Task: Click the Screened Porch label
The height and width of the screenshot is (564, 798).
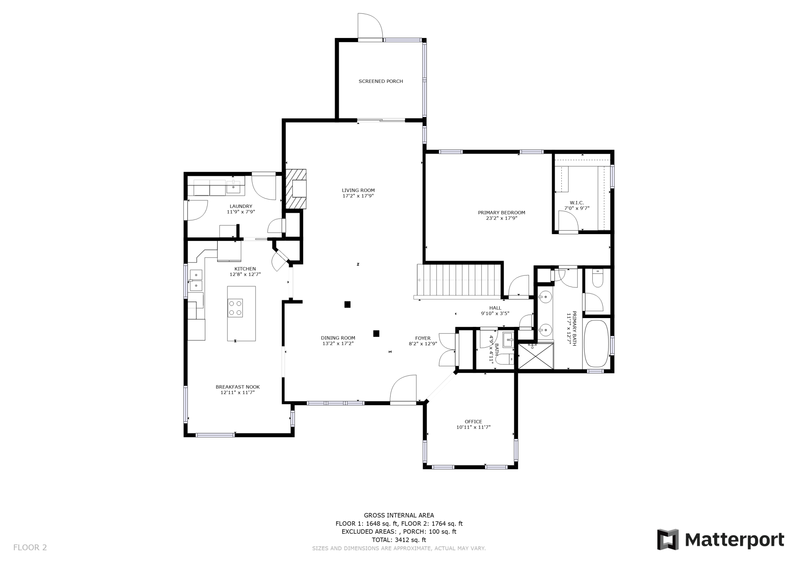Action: point(381,81)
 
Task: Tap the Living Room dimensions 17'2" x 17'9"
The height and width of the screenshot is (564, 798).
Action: point(358,196)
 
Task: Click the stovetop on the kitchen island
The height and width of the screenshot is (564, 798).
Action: point(235,308)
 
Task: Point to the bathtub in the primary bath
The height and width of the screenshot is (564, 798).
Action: point(596,344)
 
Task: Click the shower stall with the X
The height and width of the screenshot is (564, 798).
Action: point(536,356)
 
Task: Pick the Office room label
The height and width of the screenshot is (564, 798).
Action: point(473,422)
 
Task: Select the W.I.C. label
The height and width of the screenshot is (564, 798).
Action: point(577,203)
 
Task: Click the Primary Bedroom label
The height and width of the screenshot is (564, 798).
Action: point(501,213)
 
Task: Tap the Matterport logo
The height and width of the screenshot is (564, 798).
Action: point(721,540)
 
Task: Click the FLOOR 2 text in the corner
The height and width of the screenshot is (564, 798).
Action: point(30,548)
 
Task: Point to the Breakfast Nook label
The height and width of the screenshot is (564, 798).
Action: point(237,387)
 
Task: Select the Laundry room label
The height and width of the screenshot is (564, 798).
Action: point(241,206)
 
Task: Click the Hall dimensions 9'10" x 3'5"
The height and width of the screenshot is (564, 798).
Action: point(495,313)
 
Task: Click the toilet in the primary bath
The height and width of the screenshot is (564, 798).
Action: point(598,279)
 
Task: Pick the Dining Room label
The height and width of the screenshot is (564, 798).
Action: point(338,338)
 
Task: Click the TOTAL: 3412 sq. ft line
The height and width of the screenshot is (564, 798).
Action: point(399,540)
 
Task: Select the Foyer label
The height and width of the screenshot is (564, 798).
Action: point(423,338)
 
